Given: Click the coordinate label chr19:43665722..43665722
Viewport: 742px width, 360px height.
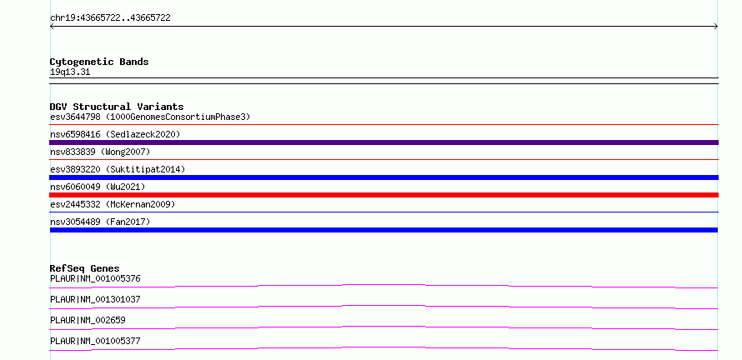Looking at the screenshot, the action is (110, 18).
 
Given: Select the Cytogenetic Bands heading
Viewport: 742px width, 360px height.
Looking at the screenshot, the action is (99, 62).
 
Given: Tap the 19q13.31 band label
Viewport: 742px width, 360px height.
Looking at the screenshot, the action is (70, 72).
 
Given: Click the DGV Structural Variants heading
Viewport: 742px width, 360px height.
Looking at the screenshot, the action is (117, 107).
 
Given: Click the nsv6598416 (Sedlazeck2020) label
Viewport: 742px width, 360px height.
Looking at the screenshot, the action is (115, 134).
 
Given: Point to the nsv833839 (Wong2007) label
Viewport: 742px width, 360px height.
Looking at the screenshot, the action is (100, 152).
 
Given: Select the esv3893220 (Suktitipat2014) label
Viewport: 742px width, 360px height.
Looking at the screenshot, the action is (118, 169).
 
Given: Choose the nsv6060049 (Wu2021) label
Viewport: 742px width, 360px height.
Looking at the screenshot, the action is (98, 187).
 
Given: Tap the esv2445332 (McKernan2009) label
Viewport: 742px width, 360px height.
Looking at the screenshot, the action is (113, 204).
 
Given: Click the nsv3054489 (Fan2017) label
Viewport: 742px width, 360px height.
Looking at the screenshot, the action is (100, 222).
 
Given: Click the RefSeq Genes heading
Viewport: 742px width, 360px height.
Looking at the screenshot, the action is (85, 268).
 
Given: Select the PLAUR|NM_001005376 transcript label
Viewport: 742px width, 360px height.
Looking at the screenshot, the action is (95, 278).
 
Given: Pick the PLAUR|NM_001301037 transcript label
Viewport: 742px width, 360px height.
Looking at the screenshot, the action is (95, 299).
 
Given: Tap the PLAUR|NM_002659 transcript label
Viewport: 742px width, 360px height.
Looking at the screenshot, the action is (88, 320).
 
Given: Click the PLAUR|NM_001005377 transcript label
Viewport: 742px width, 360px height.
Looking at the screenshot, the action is (95, 341).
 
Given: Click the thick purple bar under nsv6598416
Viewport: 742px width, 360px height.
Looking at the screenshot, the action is (384, 142).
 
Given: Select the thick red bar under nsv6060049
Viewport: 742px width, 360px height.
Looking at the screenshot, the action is (384, 195).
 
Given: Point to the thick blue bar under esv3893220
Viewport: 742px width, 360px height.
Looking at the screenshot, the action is (384, 177).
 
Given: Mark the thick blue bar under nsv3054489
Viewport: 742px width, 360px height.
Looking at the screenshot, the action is (384, 230).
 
